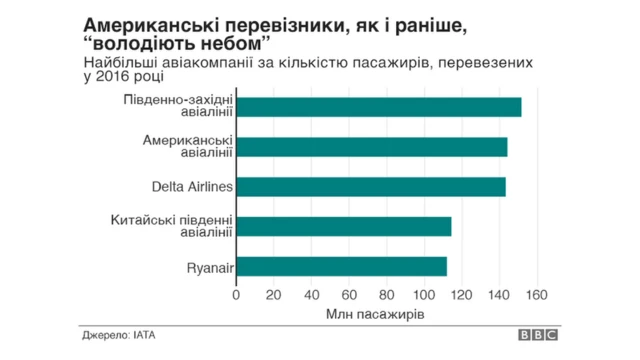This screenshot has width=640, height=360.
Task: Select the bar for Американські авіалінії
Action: click(x=371, y=147)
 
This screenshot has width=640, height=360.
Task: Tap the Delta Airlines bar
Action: click(x=370, y=187)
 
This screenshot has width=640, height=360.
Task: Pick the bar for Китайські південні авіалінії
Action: click(x=343, y=227)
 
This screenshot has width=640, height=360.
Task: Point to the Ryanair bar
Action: click(x=341, y=267)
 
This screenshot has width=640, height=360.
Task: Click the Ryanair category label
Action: click(x=210, y=267)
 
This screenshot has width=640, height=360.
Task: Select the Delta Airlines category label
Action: click(x=192, y=187)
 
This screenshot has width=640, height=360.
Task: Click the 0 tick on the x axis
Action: click(x=236, y=295)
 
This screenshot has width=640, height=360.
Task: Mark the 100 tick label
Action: click(x=424, y=295)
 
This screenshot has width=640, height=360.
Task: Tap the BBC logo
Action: click(x=537, y=338)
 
